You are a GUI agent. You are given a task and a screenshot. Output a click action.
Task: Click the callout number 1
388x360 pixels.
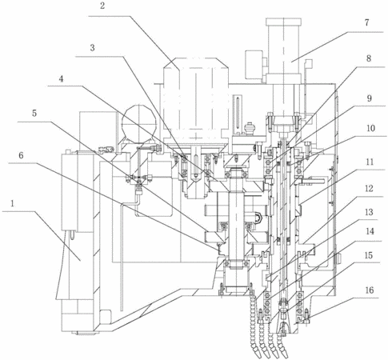(12, 204)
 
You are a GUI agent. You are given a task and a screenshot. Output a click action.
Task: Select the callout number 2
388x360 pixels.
(102, 6)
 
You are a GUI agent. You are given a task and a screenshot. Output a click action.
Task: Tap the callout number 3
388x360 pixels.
(92, 48)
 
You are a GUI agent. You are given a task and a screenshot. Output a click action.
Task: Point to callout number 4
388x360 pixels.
(62, 79)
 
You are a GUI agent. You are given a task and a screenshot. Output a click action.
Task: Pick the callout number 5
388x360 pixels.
(34, 114)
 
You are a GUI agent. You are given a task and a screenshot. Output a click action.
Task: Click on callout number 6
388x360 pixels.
(21, 155)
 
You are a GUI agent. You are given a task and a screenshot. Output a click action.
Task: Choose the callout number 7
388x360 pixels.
(366, 23)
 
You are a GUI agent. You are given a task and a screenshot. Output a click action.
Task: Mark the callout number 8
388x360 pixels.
(369, 58)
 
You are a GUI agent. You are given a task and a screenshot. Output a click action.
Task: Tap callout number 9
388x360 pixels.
(369, 98)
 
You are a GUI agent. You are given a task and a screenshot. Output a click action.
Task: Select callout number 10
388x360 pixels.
(370, 128)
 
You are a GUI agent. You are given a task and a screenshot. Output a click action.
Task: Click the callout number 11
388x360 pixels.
(370, 162)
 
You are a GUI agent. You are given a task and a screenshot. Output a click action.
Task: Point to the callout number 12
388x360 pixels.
(369, 189)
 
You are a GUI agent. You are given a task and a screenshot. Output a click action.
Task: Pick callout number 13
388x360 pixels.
(370, 212)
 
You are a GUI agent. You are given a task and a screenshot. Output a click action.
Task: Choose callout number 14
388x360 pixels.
(370, 231)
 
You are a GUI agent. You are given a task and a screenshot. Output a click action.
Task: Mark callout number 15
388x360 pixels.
(369, 255)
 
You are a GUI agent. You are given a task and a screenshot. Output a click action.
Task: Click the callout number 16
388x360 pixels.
(370, 290)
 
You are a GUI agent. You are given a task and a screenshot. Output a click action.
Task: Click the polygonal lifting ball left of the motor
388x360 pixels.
(138, 122)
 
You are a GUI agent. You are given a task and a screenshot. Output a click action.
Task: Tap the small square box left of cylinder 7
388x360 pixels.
(254, 64)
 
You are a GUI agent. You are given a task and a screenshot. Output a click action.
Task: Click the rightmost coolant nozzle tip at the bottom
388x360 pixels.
(285, 353)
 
